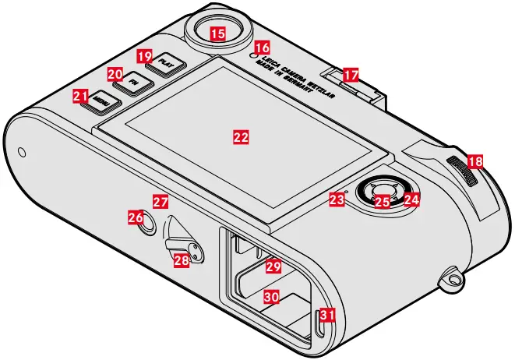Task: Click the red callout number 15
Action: (218, 33)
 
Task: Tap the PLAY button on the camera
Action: (164, 62)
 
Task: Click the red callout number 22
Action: (242, 136)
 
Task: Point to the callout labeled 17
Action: (351, 75)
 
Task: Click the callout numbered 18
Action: (474, 161)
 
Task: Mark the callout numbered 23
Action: (337, 200)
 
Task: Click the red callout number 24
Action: (411, 199)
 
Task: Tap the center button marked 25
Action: (381, 202)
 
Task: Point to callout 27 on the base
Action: (160, 201)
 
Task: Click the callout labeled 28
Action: (181, 260)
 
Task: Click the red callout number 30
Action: (270, 297)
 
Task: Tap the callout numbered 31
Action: (328, 315)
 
